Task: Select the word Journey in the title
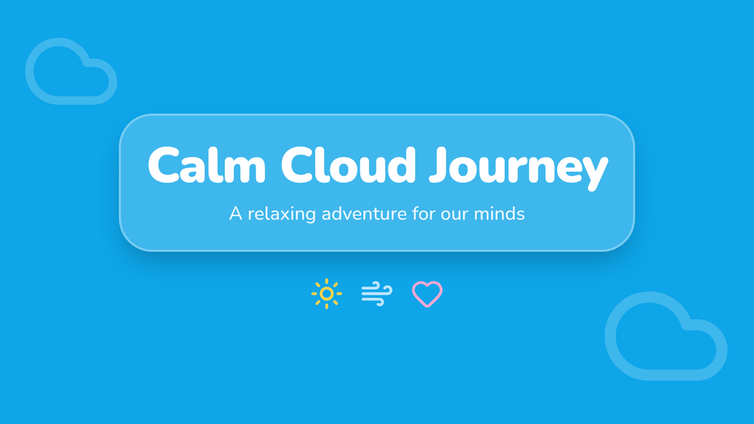click(x=519, y=168)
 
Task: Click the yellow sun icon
click(x=327, y=294)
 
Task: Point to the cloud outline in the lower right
click(x=611, y=337)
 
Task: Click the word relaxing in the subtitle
click(x=281, y=214)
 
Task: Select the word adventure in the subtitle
click(x=364, y=214)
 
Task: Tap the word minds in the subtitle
click(x=499, y=214)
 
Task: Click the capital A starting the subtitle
click(x=236, y=214)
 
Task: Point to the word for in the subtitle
click(x=423, y=214)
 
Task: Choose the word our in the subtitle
click(x=454, y=215)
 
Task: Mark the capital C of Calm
click(x=164, y=165)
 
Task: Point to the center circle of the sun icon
click(x=327, y=294)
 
